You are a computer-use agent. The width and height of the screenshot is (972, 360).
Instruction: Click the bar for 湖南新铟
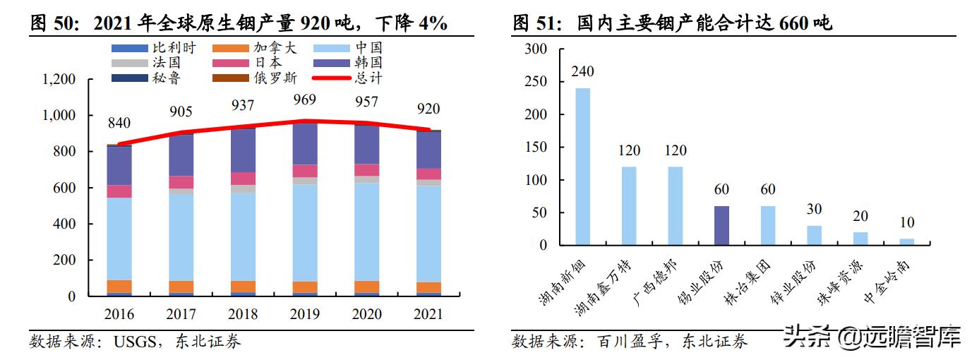pos(582,167)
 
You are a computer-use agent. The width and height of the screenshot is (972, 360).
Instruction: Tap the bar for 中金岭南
pos(906,242)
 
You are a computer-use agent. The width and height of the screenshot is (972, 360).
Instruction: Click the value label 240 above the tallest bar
pos(582,71)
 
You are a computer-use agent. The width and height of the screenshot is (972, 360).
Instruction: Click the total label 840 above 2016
pos(119,124)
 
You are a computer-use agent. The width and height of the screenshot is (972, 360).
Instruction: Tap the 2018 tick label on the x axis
pos(244,314)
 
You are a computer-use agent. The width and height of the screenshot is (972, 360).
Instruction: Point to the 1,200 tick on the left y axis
pos(58,79)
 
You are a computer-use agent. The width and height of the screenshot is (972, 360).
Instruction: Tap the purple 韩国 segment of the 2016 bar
pos(119,165)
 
